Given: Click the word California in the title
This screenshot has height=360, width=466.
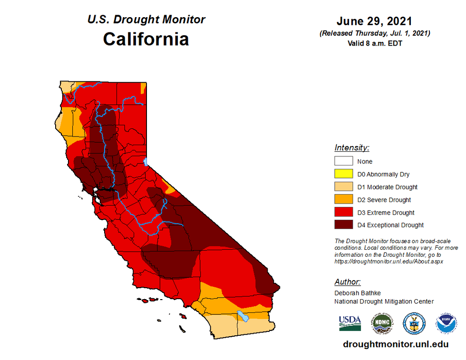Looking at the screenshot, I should pyautogui.click(x=146, y=39).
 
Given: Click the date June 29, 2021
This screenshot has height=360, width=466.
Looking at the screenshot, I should pyautogui.click(x=374, y=21).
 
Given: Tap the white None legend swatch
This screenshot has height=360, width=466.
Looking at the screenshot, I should pyautogui.click(x=343, y=161).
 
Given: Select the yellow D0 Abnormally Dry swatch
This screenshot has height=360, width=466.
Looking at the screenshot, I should pyautogui.click(x=343, y=174).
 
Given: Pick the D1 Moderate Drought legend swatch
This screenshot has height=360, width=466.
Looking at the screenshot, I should pyautogui.click(x=343, y=187).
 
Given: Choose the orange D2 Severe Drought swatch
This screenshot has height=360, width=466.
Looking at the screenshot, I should pyautogui.click(x=343, y=200).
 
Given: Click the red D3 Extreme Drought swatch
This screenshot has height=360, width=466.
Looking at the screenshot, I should pyautogui.click(x=343, y=213).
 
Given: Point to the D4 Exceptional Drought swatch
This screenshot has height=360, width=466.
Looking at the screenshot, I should pyautogui.click(x=343, y=225).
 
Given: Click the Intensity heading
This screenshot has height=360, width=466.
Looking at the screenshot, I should pyautogui.click(x=352, y=147).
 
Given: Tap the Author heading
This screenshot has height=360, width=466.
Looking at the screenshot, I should pyautogui.click(x=347, y=282).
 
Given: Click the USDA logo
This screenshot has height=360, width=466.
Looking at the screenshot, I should pyautogui.click(x=350, y=323).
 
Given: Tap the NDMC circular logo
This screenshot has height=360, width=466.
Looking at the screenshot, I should pyautogui.click(x=382, y=323).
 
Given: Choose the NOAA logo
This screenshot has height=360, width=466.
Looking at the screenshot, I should pyautogui.click(x=446, y=323).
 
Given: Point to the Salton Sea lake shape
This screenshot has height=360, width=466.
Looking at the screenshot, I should pyautogui.click(x=243, y=315).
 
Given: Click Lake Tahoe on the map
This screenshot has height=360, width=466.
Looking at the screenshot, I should pyautogui.click(x=146, y=162).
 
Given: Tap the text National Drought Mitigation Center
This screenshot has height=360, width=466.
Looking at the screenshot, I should pyautogui.click(x=384, y=301).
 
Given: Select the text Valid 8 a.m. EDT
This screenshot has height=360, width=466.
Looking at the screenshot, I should pyautogui.click(x=374, y=42).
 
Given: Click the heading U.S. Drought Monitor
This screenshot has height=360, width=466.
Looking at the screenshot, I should pyautogui.click(x=146, y=20).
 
